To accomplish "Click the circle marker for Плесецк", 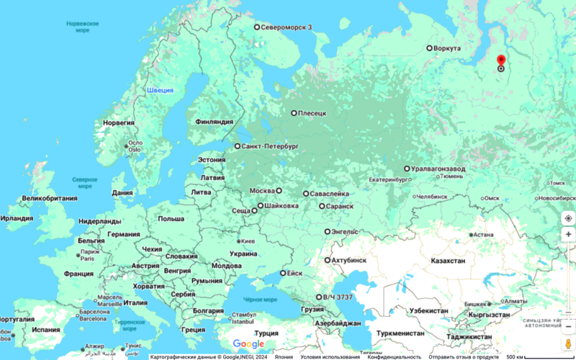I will pos(294,113).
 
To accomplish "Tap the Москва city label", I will pos(262,191).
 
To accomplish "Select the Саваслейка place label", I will pos(332,194).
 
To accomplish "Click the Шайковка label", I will pos(282,206).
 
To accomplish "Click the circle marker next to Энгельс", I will pos(327,232).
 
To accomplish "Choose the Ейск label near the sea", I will pos(294,274).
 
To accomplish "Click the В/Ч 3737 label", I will pos(338,297).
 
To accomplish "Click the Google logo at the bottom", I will pos(248,344).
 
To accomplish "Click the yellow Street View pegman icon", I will pos(568,343).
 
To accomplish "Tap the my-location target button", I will pos(568,217).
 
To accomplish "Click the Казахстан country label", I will pos(447,261).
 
